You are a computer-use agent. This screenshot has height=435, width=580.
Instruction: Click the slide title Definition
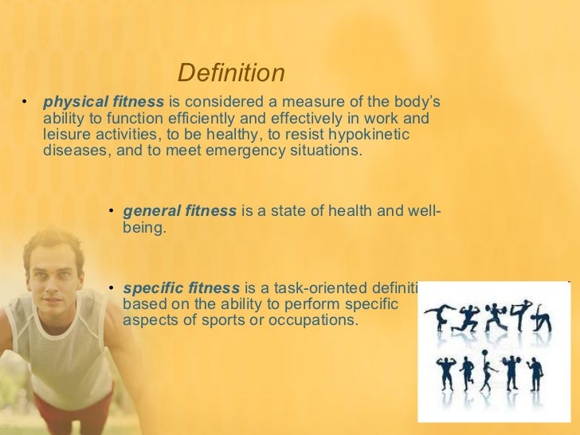tap(231, 73)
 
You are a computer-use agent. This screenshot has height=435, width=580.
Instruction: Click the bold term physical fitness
tap(104, 103)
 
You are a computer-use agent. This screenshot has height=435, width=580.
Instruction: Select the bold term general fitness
tap(180, 211)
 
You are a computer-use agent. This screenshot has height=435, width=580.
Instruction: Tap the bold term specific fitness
tap(182, 288)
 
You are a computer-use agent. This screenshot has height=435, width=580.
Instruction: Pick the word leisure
tap(67, 135)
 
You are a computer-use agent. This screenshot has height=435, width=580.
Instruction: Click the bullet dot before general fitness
tap(112, 211)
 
